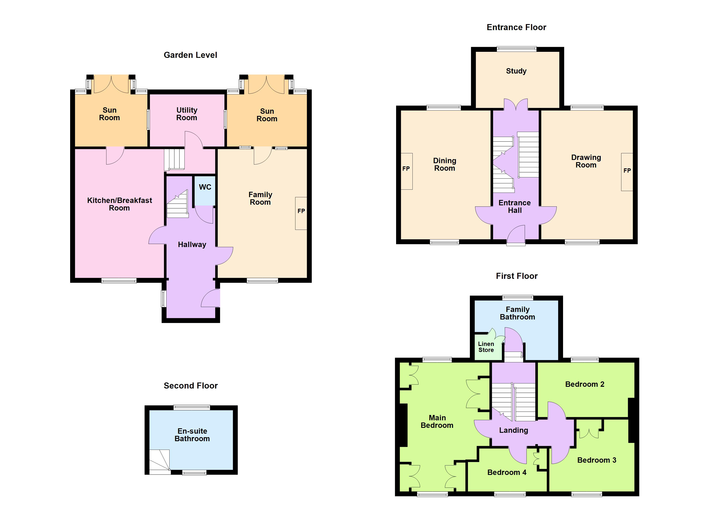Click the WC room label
pos(205,187)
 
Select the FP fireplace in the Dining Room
pos(406,171)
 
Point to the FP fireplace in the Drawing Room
pos(627,172)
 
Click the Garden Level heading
pos(190,55)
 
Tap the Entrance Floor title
pos(516,28)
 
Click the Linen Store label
pos(486,347)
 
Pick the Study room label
pos(516,71)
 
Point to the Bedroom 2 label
pos(585,384)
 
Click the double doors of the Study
pos(516,105)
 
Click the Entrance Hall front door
pos(516,235)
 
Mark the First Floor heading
pos(517,276)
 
